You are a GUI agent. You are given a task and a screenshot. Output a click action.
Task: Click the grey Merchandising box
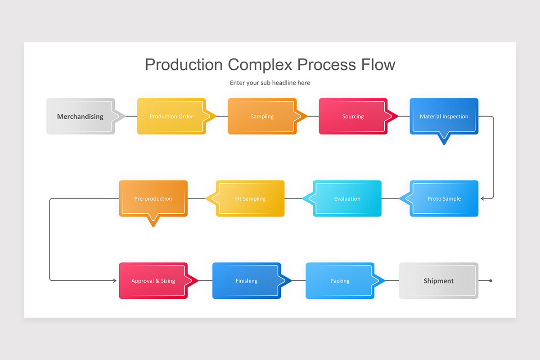[x=81, y=116]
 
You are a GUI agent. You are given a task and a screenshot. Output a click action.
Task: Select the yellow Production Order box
[x=171, y=116]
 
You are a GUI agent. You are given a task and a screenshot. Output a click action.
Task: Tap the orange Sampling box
[x=262, y=116]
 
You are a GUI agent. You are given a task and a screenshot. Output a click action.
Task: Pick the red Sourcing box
[x=353, y=116]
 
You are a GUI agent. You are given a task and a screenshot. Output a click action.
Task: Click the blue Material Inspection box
[x=444, y=116]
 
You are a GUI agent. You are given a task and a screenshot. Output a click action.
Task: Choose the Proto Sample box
[x=444, y=198]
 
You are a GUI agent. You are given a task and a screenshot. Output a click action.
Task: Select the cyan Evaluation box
[x=347, y=198]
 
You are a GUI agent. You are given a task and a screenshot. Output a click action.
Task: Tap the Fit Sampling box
[x=251, y=198]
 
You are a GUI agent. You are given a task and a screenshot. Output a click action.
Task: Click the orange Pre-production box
[x=153, y=198]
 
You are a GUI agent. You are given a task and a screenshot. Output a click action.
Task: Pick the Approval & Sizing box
[x=153, y=281]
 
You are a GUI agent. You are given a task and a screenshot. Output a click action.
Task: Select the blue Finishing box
[x=247, y=281]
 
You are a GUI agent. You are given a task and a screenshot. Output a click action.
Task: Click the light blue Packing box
[x=340, y=281]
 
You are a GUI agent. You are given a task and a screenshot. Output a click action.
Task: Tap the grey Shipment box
[x=439, y=281]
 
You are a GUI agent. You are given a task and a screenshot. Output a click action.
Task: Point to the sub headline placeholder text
[x=270, y=83]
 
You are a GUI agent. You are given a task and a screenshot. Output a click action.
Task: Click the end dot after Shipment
[x=490, y=281]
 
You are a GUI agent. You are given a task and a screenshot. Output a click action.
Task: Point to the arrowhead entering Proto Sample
[x=483, y=198]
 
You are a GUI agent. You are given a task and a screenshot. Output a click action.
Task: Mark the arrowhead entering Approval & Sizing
[x=114, y=281]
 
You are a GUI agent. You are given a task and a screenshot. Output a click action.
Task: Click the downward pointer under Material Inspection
[x=444, y=139]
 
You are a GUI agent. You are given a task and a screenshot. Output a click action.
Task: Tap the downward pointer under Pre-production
[x=153, y=221]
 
